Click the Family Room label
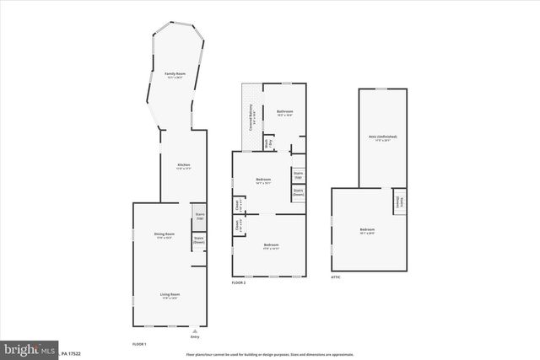click(x=175, y=76)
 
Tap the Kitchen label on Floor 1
click(x=183, y=166)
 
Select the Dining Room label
click(x=164, y=235)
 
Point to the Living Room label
click(x=170, y=296)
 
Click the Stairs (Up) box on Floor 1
click(x=199, y=215)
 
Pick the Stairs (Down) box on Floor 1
click(x=199, y=240)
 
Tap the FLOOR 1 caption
click(x=139, y=345)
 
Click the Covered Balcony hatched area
click(x=251, y=116)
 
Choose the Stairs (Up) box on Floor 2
click(x=298, y=175)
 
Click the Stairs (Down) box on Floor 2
click(x=298, y=193)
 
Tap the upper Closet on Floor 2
click(x=238, y=205)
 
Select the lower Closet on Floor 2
click(x=238, y=226)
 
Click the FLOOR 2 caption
click(x=239, y=282)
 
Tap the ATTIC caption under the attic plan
click(x=335, y=277)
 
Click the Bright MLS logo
click(x=30, y=347)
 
